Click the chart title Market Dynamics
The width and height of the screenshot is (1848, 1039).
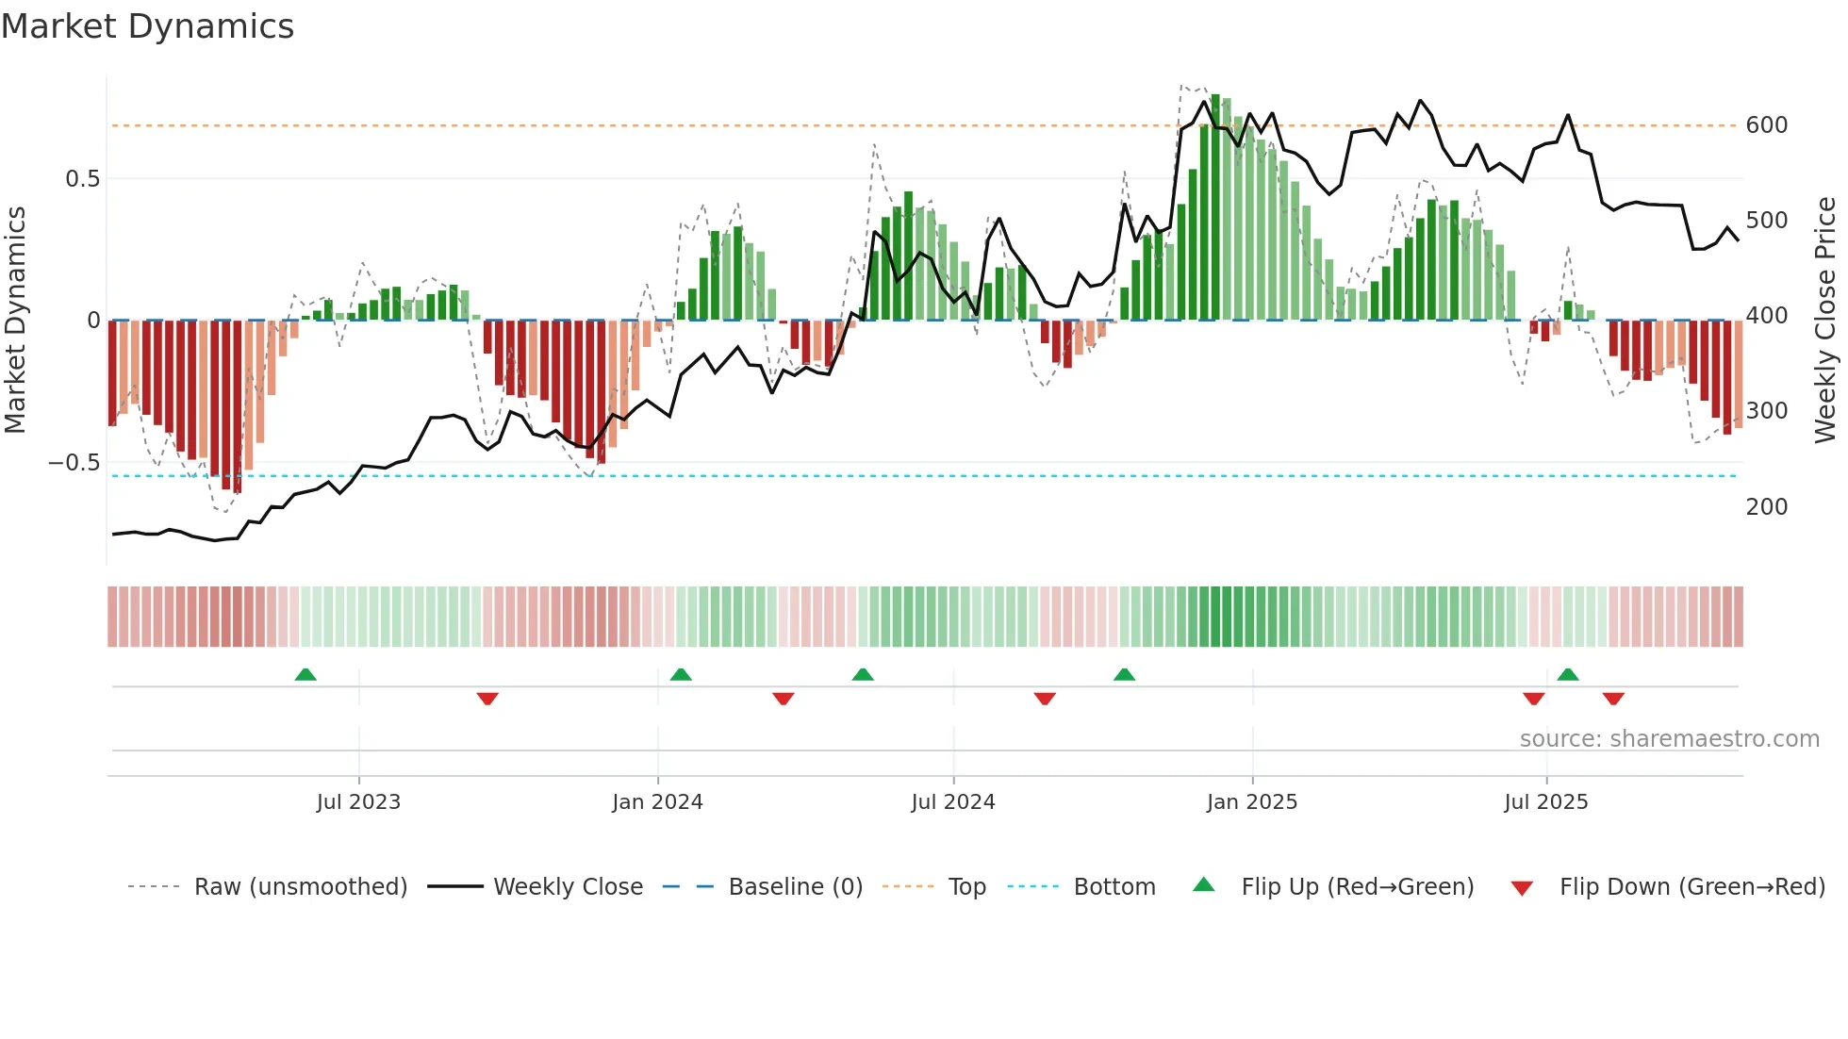147,26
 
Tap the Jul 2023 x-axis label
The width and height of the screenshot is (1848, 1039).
358,802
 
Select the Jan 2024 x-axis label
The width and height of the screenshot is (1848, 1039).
657,802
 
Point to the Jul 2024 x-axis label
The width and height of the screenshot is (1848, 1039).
953,802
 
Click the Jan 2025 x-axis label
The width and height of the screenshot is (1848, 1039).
1252,802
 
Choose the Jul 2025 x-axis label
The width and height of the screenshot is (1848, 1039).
1546,802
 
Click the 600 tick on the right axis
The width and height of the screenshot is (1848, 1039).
1767,125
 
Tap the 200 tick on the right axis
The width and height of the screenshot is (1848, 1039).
1767,507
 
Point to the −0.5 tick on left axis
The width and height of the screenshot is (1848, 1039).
74,463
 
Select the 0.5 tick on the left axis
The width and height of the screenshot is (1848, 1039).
82,179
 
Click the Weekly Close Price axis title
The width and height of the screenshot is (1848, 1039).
1826,321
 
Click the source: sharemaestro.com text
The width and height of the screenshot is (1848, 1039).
1669,739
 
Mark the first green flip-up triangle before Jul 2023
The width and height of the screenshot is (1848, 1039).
305,675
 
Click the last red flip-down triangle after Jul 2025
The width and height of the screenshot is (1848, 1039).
1613,699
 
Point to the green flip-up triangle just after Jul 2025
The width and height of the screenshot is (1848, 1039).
1568,675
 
